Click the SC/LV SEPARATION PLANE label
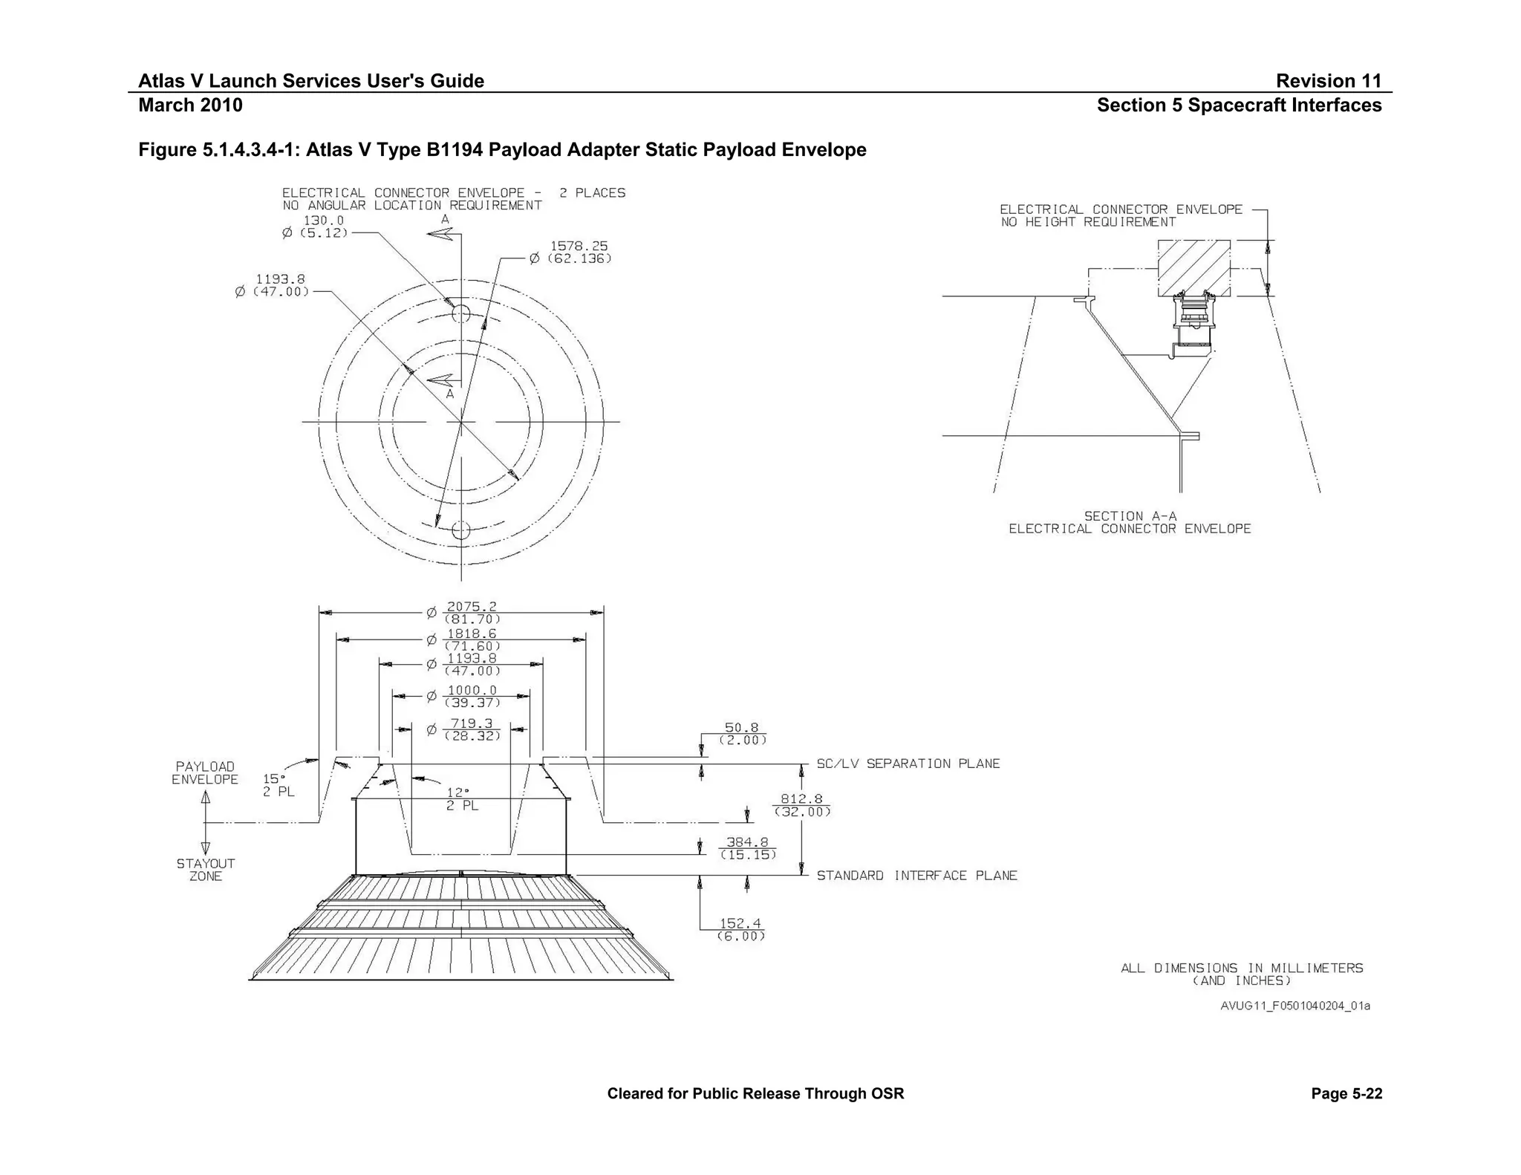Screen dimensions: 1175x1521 pos(908,764)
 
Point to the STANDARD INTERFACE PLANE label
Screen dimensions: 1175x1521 pos(916,876)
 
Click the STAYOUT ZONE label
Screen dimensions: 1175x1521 pos(206,870)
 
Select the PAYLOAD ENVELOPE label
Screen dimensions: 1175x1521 pos(205,772)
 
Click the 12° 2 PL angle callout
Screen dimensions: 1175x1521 pos(461,798)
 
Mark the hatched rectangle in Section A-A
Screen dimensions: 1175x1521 pos(1193,267)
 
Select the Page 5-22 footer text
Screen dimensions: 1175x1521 pos(1346,1093)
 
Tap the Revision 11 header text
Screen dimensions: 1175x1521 pos(1328,81)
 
